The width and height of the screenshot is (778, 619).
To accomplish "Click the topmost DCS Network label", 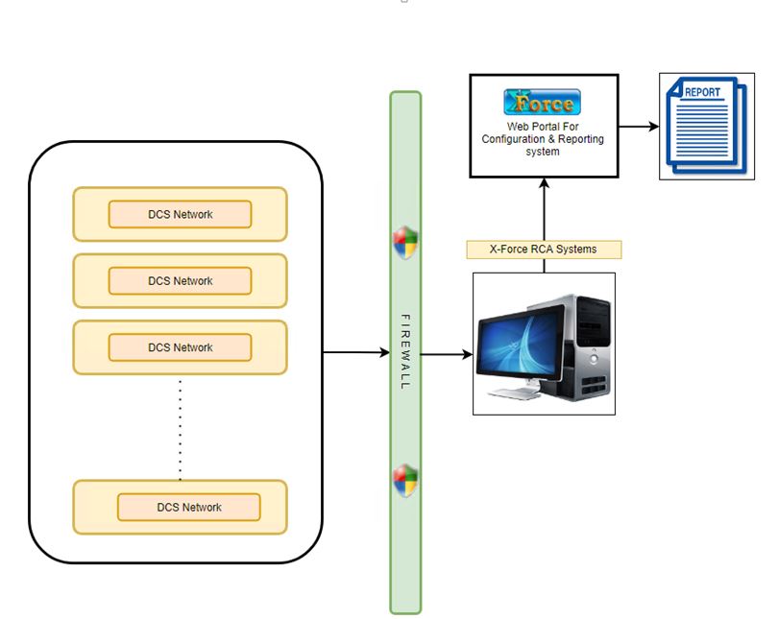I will pyautogui.click(x=180, y=214).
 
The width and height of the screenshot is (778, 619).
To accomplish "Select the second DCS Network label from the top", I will pyautogui.click(x=180, y=281).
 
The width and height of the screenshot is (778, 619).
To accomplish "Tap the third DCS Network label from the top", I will pyautogui.click(x=180, y=347).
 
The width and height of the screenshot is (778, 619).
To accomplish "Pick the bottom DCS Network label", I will pyautogui.click(x=188, y=507).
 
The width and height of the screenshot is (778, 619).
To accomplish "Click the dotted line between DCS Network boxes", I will pyautogui.click(x=180, y=427).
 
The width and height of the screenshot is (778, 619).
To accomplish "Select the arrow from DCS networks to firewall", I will pyautogui.click(x=355, y=352).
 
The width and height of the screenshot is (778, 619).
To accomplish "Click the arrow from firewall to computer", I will pyautogui.click(x=447, y=354).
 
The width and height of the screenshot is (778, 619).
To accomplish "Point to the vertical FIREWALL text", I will pyautogui.click(x=404, y=350).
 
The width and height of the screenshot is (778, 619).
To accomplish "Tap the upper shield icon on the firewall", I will pyautogui.click(x=405, y=243).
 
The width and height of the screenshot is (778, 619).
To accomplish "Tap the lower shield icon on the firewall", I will pyautogui.click(x=405, y=480).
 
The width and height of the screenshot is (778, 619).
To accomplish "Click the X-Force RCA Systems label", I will pyautogui.click(x=544, y=250).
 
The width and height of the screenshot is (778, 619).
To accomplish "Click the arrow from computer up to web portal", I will pyautogui.click(x=544, y=206).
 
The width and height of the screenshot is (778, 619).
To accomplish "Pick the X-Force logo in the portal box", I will pyautogui.click(x=544, y=103).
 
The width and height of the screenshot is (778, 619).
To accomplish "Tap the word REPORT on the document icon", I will pyautogui.click(x=702, y=93).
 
